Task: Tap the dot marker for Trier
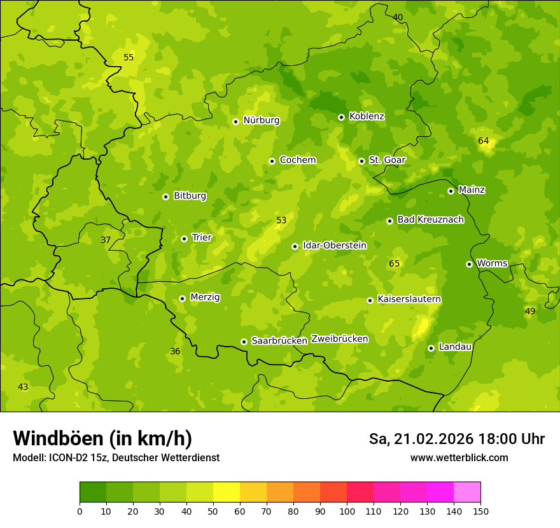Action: pos(184,239)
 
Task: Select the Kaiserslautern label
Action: pos(409,299)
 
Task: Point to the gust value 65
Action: pos(395,263)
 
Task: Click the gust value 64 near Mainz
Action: pos(484,141)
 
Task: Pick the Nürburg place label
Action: pos(261,120)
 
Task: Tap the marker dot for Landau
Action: pos(431,348)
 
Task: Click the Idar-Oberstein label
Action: pos(335,246)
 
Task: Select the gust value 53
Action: pos(281,221)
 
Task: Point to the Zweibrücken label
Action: pos(339,339)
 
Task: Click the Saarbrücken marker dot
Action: pos(244,342)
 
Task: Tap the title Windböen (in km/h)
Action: pos(102,438)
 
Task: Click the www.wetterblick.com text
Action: pos(459,458)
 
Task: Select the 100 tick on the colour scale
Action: pos(347,511)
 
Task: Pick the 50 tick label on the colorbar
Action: pos(213,511)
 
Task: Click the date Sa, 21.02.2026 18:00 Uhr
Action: pos(456,439)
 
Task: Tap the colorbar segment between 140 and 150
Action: pos(467,492)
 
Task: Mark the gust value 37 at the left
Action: pos(106,240)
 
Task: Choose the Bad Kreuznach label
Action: pos(430,219)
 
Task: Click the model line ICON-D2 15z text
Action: pos(116,458)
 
